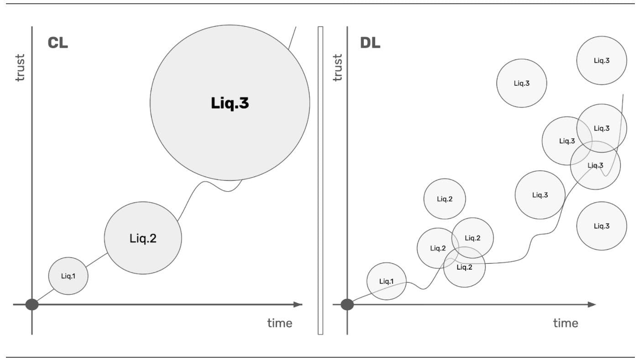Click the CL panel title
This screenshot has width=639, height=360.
click(x=58, y=43)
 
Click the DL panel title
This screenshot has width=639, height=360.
click(x=370, y=43)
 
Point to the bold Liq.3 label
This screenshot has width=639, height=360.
click(x=230, y=103)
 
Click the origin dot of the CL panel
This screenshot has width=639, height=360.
click(x=32, y=305)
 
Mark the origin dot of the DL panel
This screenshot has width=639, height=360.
click(x=347, y=305)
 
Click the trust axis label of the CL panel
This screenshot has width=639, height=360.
click(x=20, y=68)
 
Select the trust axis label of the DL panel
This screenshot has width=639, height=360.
click(x=337, y=68)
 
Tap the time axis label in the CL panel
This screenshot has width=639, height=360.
click(x=279, y=323)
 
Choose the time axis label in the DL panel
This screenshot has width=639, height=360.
click(x=566, y=323)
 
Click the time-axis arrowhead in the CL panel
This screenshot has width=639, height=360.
click(x=298, y=305)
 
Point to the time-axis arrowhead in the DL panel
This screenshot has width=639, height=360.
click(x=592, y=305)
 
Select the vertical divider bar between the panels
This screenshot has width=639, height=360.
click(x=320, y=180)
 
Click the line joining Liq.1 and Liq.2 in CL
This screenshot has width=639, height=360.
click(x=96, y=260)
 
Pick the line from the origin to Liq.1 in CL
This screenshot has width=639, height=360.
click(x=45, y=295)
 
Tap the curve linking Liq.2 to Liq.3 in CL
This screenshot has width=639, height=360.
click(x=210, y=185)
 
